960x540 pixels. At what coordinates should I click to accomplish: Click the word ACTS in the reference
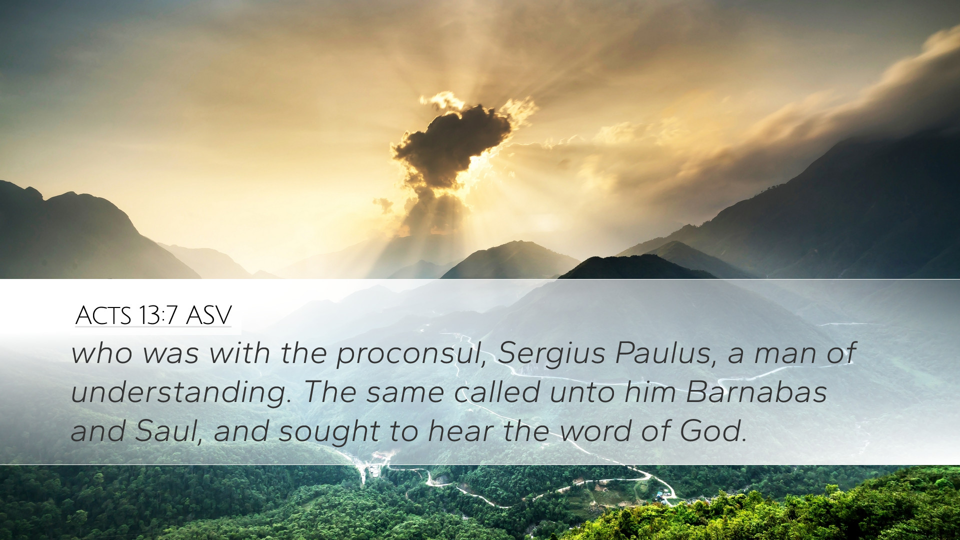103,315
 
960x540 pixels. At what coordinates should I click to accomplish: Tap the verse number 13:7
158,315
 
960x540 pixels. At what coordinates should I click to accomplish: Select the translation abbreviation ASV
208,315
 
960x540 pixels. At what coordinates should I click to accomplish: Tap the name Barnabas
756,391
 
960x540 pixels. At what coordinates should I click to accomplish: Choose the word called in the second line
497,391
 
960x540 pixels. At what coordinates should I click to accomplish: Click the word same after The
405,394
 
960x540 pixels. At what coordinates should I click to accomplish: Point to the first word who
102,352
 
